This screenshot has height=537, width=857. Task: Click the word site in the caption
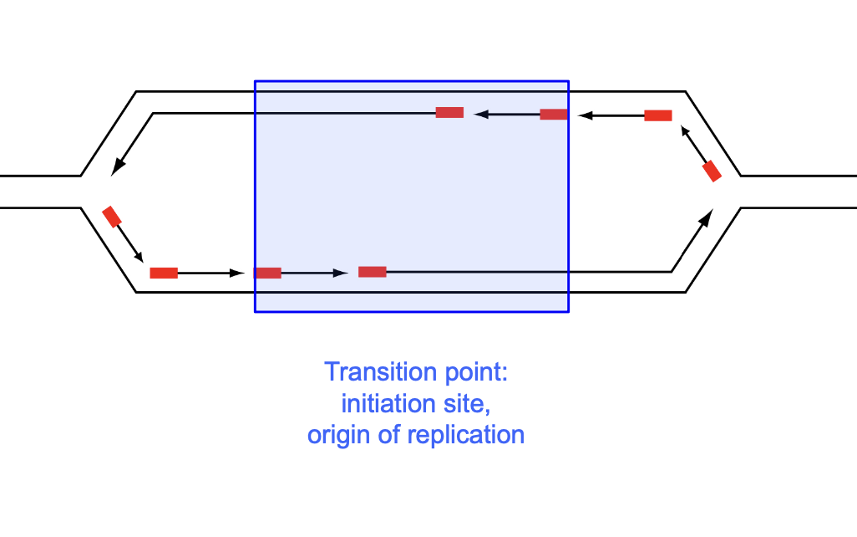point(466,404)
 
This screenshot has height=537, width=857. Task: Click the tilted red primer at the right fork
point(712,171)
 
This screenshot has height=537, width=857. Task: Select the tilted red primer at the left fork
point(112,217)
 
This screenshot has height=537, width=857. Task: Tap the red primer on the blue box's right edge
point(554,114)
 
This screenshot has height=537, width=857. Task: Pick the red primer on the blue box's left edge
point(268,273)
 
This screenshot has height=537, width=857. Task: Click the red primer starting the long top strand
point(449,112)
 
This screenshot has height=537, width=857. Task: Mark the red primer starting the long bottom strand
point(373,271)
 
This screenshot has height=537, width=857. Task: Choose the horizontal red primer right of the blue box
point(658,115)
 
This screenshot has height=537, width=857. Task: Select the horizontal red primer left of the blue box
point(164,273)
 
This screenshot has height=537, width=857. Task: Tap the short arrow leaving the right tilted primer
point(692,141)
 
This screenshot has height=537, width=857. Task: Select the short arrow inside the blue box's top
point(506,115)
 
